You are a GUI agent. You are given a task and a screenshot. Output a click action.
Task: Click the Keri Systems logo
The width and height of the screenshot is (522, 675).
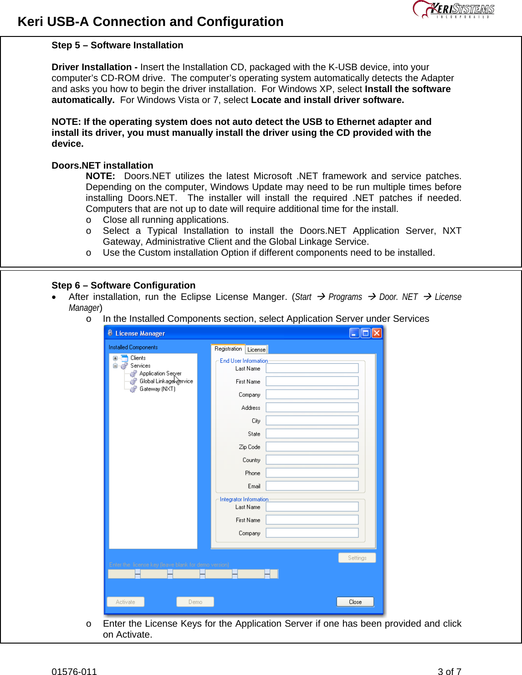point(453,10)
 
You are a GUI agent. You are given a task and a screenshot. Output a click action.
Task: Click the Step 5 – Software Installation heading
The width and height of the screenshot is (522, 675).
point(117,45)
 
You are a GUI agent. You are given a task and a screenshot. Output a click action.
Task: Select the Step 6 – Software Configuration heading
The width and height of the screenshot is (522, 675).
point(123,285)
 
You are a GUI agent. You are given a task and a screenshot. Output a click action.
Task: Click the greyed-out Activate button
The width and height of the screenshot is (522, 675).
point(125,602)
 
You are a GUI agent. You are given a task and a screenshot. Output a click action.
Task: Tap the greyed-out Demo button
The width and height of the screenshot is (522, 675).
point(195,602)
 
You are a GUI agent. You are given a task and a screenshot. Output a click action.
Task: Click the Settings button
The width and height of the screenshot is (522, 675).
point(357,557)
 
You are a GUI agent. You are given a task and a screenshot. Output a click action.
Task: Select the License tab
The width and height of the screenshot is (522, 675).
point(256,350)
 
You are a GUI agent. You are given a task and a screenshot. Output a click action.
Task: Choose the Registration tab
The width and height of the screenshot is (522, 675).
point(228,349)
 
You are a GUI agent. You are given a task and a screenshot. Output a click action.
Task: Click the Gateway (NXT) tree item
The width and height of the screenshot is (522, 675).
point(157,389)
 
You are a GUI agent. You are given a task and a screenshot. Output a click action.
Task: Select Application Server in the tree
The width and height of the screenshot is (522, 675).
point(160,373)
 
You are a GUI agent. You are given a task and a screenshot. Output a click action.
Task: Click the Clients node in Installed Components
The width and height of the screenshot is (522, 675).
point(138,358)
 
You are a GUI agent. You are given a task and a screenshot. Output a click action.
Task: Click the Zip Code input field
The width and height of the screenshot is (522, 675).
point(312,447)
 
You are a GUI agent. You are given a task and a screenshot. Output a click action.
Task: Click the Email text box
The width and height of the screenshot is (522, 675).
point(312,486)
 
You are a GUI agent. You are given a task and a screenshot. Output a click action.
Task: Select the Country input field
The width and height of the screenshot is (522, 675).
point(312,460)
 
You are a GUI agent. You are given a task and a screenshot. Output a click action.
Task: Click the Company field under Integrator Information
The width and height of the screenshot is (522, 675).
point(312,533)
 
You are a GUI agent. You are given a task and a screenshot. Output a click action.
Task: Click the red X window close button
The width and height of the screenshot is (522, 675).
point(377,333)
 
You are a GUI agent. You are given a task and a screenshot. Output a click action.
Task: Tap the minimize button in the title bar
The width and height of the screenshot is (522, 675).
point(354,333)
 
